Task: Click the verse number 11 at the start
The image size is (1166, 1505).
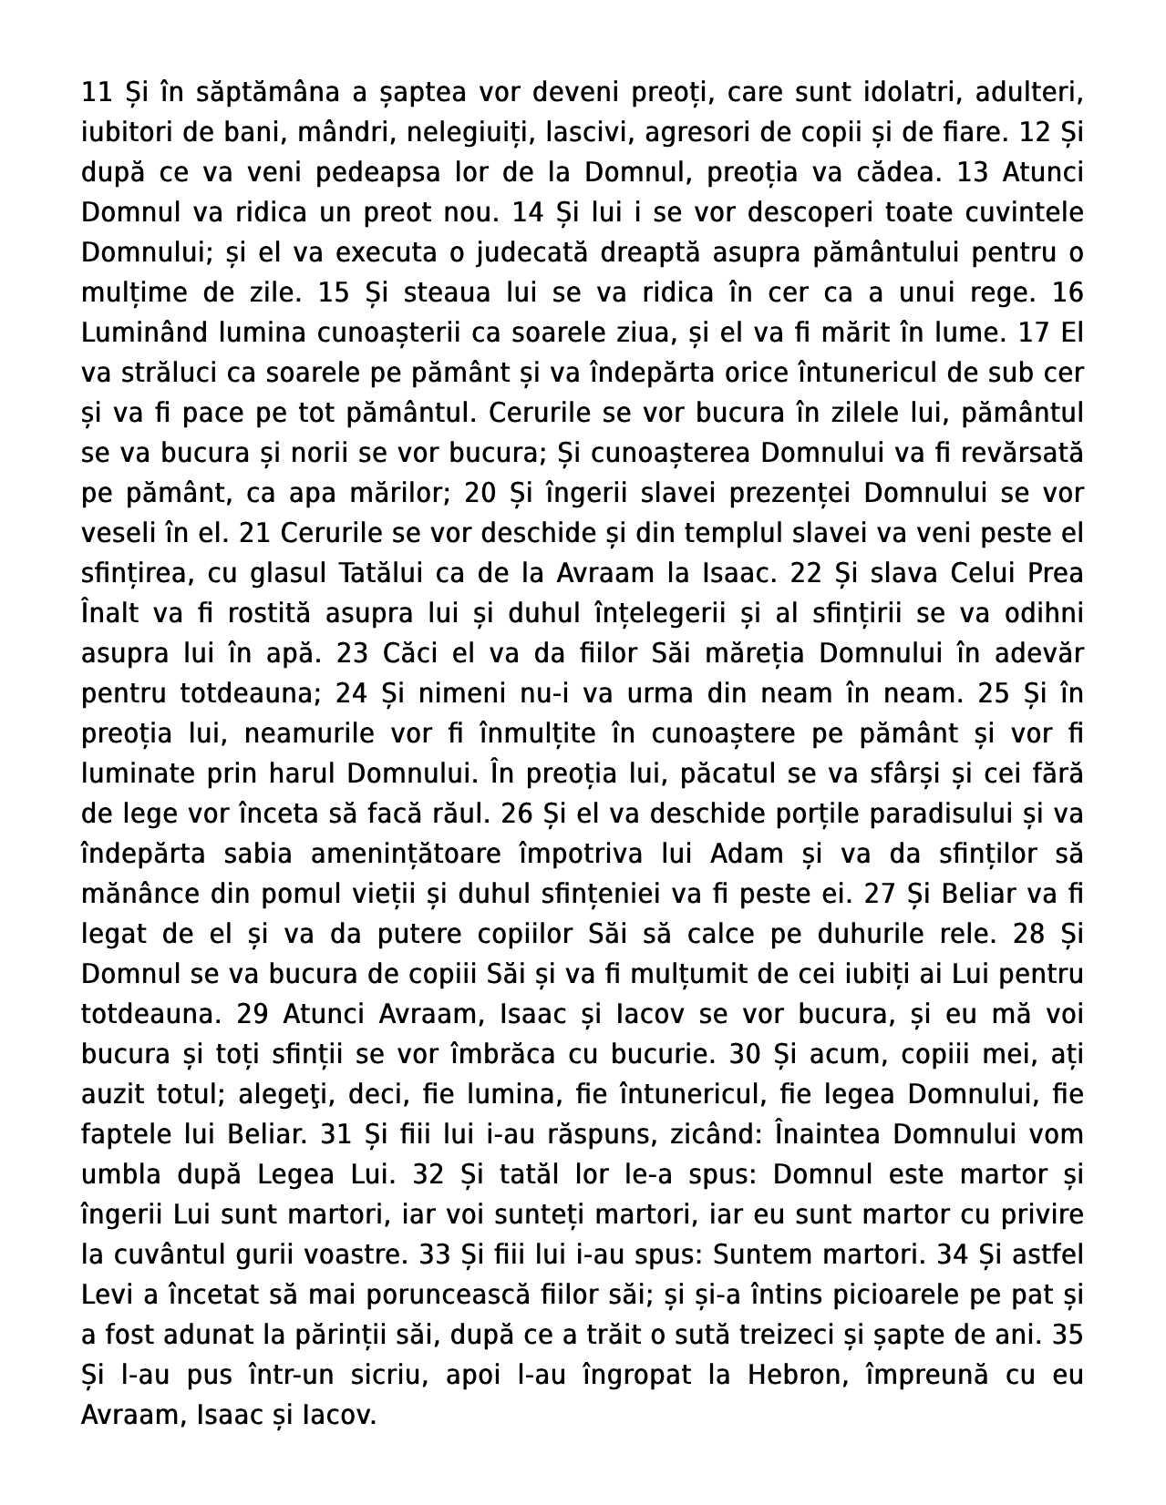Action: click(x=96, y=93)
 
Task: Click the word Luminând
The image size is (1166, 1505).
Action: click(x=138, y=333)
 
